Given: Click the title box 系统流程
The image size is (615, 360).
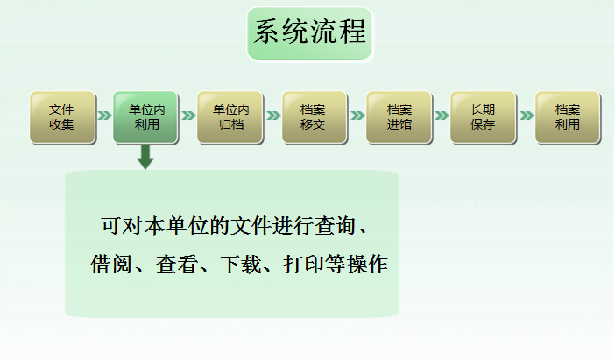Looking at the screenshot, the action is pyautogui.click(x=310, y=34).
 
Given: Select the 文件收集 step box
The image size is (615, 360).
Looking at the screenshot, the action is pyautogui.click(x=63, y=117).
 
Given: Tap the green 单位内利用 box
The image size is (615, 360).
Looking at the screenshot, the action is pyautogui.click(x=146, y=117).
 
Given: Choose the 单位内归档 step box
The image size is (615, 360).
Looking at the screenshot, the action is pyautogui.click(x=230, y=117).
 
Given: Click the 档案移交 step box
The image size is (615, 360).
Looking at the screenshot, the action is pyautogui.click(x=315, y=117).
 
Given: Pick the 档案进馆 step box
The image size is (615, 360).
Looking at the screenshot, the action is pyautogui.click(x=399, y=117).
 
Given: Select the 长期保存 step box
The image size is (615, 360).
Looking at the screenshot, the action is pyautogui.click(x=484, y=117).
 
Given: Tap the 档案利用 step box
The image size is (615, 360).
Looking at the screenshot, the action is pyautogui.click(x=568, y=117).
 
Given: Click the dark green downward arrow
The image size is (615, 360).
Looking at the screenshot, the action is pyautogui.click(x=145, y=158).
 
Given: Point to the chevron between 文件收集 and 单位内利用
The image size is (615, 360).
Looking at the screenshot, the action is pyautogui.click(x=105, y=116).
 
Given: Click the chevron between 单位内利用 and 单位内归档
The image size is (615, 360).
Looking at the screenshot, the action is pyautogui.click(x=188, y=116).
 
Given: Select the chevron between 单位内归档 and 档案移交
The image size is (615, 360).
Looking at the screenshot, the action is pyautogui.click(x=273, y=116).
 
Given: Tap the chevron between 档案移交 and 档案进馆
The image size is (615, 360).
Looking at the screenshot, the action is pyautogui.click(x=357, y=116).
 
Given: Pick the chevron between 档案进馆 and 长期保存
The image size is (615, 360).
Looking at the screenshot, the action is pyautogui.click(x=442, y=116).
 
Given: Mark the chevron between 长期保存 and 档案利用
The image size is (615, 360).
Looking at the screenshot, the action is pyautogui.click(x=527, y=116).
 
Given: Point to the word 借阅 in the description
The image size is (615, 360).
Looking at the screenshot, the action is pyautogui.click(x=111, y=264).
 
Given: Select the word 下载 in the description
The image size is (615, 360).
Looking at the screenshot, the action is pyautogui.click(x=241, y=264).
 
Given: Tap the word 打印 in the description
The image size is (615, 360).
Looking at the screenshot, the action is pyautogui.click(x=304, y=264).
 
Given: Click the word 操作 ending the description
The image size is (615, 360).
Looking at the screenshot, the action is pyautogui.click(x=367, y=264).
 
